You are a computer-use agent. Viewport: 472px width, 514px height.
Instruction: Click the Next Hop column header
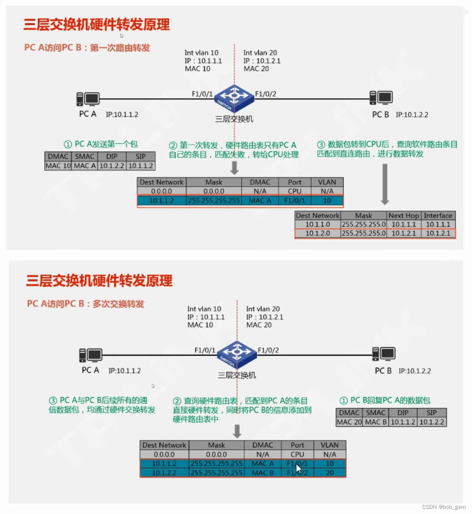404,215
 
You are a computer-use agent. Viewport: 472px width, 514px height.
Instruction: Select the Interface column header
438,215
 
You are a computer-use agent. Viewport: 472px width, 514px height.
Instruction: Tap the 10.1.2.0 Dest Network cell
317,233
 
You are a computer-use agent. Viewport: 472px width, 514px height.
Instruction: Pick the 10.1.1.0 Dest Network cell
317,224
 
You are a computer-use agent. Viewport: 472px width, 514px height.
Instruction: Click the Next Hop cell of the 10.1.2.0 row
404,233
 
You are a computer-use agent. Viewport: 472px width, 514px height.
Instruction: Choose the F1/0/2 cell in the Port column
297,473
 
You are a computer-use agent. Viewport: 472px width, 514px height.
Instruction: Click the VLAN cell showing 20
330,473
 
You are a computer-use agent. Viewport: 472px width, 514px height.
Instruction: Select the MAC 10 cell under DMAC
58,166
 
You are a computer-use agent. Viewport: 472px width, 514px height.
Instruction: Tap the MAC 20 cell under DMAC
349,422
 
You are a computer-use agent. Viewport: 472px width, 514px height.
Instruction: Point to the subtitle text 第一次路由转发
120,48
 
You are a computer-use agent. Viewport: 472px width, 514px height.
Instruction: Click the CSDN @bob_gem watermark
444,507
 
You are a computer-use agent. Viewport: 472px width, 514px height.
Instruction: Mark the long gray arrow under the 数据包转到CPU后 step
385,184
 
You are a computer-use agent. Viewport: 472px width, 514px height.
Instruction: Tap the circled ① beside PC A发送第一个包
68,144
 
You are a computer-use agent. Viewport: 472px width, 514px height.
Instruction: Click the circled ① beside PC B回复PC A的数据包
343,400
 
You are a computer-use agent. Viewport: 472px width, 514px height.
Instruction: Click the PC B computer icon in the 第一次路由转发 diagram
381,98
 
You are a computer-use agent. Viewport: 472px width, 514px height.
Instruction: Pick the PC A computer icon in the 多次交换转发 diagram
91,355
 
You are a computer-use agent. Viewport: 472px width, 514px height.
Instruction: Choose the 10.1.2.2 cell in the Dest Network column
164,473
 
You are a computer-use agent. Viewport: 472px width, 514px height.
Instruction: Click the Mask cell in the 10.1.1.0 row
363,224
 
